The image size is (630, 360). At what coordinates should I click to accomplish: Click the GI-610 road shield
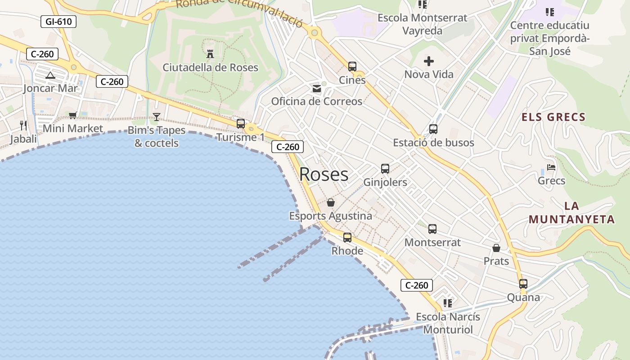58,21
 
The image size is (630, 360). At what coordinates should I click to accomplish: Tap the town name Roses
324,175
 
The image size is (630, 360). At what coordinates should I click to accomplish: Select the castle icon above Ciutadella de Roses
210,54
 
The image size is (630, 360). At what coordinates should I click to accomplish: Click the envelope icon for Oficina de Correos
317,89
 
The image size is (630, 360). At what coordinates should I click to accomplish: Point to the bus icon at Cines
352,67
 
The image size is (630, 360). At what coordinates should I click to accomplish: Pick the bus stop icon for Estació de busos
433,129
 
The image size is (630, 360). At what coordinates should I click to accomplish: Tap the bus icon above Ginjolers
385,169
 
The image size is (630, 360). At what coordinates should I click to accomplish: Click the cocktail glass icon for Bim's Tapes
156,117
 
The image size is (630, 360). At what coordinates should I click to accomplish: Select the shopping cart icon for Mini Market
72,116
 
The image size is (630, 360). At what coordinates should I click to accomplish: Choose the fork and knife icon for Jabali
23,125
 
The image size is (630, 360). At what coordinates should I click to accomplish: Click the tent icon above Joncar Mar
50,75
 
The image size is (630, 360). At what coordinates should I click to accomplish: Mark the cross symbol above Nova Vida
428,61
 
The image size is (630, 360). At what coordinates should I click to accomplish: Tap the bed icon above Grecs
551,167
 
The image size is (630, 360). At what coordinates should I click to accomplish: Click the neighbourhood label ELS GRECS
553,117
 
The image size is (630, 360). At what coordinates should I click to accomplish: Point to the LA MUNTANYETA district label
571,213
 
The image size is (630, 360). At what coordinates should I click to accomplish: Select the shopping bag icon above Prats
496,248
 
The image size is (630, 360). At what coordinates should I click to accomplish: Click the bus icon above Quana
523,284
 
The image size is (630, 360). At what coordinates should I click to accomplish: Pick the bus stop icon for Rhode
347,237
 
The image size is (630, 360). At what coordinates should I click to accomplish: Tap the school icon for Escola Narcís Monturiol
447,303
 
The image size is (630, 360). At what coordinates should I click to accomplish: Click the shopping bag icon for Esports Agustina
330,202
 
